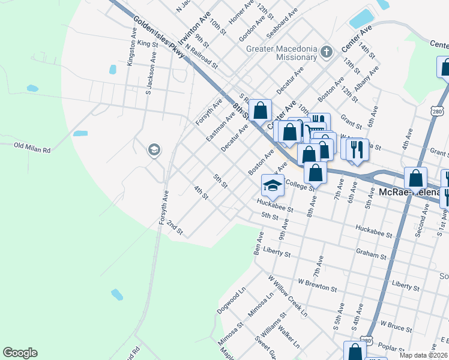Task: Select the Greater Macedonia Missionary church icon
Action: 326,51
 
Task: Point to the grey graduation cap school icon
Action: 154,149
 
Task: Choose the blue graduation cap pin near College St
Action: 273,185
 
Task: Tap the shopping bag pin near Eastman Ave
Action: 260,110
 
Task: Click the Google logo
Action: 20,353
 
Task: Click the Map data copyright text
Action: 423,355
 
